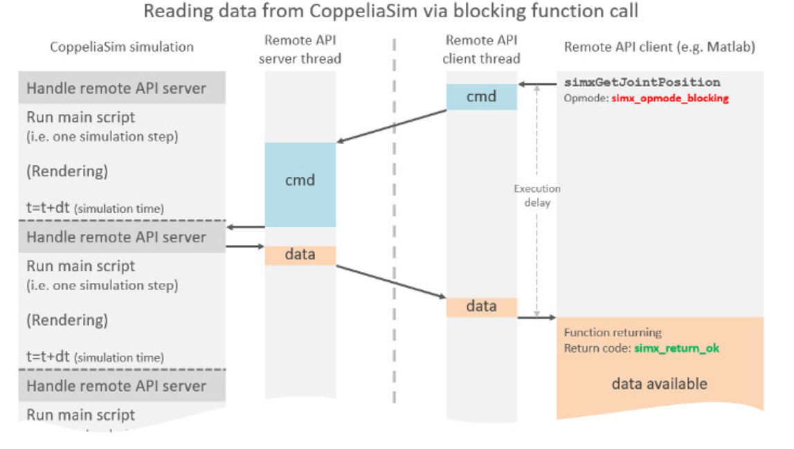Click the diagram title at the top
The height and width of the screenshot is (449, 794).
coord(391,12)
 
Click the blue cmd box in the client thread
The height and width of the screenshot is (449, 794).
coord(481,97)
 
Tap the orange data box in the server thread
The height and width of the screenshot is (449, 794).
coord(300,255)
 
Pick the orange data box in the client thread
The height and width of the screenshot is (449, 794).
coord(481,306)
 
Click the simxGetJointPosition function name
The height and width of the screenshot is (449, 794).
coord(642,82)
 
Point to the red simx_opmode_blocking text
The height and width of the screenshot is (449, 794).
coord(669,98)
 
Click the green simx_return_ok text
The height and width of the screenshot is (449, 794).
coord(677,348)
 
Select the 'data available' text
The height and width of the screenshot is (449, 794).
coord(659,383)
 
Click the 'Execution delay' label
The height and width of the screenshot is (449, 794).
coord(536,196)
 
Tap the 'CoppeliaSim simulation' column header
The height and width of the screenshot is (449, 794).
coord(122,48)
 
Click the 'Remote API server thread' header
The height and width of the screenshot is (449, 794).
coord(300,50)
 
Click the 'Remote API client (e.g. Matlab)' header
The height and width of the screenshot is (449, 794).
coord(659,48)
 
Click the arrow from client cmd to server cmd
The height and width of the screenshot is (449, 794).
coord(391,127)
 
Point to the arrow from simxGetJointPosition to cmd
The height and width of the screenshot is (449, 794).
coord(537,84)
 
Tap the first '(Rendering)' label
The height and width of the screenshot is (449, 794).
coord(67,171)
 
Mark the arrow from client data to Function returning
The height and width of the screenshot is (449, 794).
coord(536,318)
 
